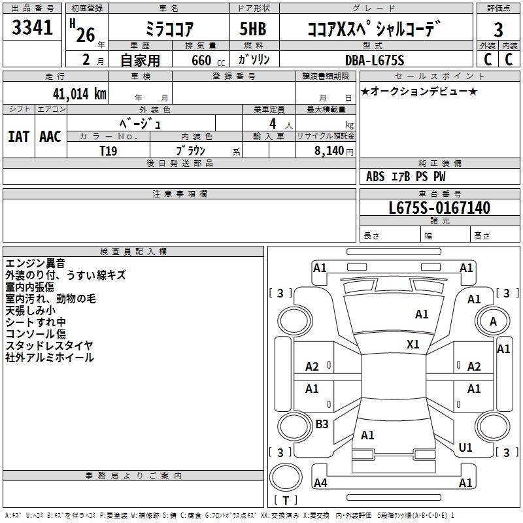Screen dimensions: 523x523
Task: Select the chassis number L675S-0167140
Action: tap(439, 209)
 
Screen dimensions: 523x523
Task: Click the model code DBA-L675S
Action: tap(375, 60)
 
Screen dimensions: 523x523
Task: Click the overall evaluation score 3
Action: tap(498, 29)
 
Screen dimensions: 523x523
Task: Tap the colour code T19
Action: tap(109, 150)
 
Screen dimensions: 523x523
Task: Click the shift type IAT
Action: tap(18, 136)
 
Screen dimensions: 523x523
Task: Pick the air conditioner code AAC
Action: tap(50, 136)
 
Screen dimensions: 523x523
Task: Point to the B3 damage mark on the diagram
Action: tap(322, 424)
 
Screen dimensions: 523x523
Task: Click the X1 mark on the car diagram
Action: tap(413, 344)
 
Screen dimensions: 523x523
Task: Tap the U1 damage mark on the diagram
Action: tap(465, 448)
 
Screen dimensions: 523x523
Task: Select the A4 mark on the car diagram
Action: tap(320, 483)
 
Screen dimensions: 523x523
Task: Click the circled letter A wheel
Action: tap(493, 322)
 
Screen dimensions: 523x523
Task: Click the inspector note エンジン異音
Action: tap(35, 263)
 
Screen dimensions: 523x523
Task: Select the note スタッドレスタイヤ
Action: tap(50, 346)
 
